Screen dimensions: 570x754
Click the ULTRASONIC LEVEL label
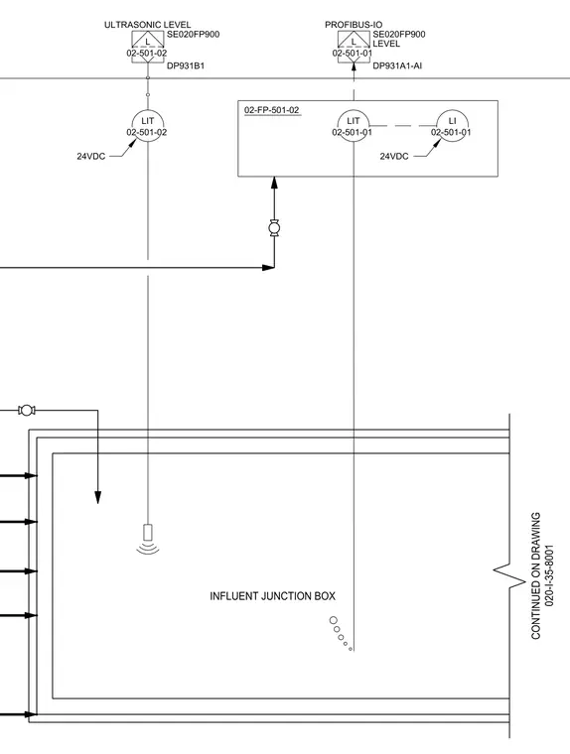pos(147,25)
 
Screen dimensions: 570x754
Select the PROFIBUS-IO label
pos(354,25)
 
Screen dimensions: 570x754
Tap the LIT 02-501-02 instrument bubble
pos(147,126)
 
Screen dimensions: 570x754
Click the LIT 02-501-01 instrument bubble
pos(354,126)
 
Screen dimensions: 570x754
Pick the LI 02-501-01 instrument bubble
pos(452,126)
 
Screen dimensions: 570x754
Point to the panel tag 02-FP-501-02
pos(271,110)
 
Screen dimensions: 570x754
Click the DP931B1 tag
pos(186,65)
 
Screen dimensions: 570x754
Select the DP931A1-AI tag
pos(397,65)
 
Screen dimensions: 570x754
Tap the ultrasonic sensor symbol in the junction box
pos(148,539)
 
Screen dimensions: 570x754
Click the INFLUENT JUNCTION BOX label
pos(272,596)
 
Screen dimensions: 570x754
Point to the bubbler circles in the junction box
pos(341,634)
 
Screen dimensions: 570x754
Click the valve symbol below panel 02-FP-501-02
pos(274,227)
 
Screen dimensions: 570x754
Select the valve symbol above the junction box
pos(27,410)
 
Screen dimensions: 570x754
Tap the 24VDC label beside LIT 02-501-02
pos(91,157)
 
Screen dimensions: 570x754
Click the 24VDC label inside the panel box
pos(394,157)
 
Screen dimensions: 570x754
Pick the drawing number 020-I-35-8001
pos(550,575)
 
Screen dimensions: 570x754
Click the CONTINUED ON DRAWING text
pos(536,575)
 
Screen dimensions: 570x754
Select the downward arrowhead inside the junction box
pos(97,498)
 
